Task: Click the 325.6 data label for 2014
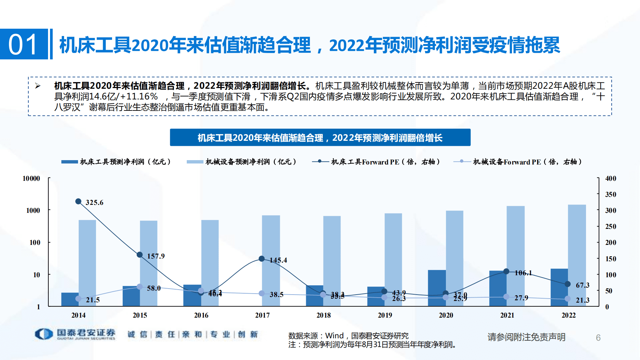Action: point(94,203)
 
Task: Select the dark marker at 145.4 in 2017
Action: point(262,259)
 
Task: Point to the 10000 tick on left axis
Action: point(31,178)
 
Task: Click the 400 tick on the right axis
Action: point(610,178)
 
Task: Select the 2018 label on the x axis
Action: point(324,315)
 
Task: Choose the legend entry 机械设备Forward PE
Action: point(527,162)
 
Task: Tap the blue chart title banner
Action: point(320,137)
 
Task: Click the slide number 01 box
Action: point(24,44)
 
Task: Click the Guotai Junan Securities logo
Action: point(75,334)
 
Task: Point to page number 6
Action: point(598,338)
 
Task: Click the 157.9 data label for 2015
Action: point(156,256)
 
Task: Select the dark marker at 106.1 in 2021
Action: point(506,271)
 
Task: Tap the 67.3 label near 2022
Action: point(582,285)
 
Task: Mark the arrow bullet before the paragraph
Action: point(38,86)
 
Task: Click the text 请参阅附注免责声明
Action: point(526,337)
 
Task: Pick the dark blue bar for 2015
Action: point(131,296)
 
